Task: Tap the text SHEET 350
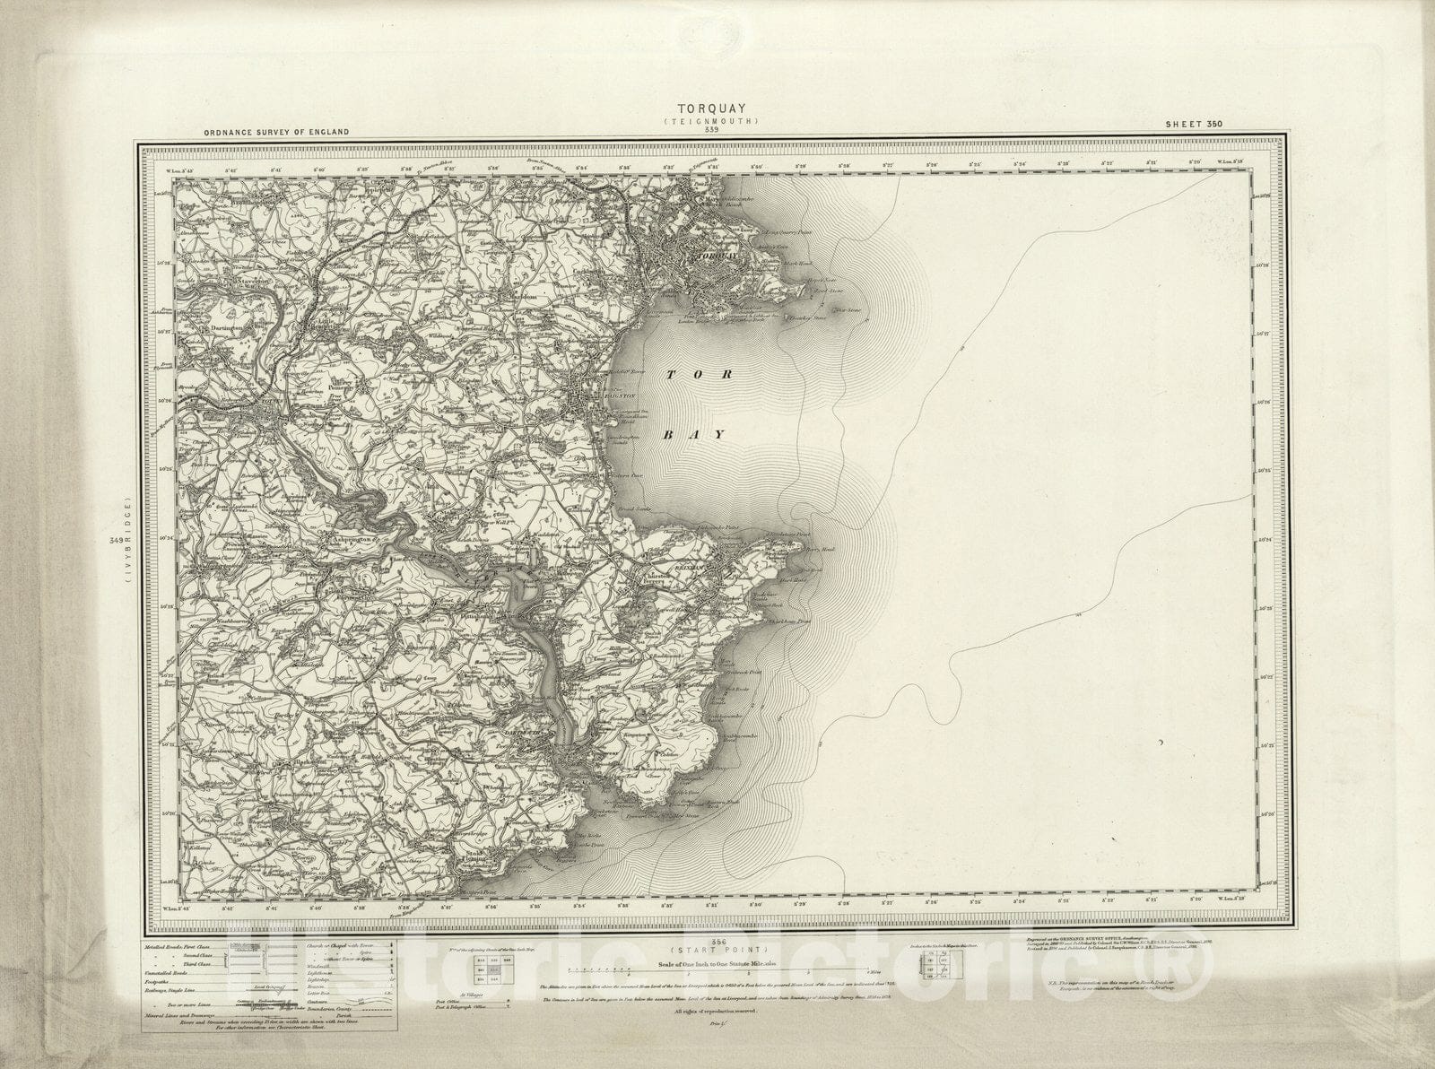[1193, 124]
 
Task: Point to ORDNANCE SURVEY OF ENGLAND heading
[276, 133]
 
